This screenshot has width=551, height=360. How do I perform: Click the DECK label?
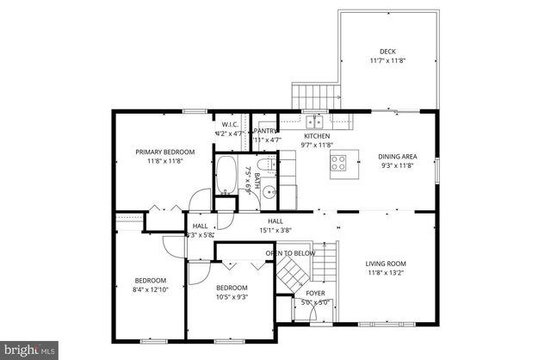point(387,51)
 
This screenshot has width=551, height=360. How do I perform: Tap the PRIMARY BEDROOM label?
point(164,152)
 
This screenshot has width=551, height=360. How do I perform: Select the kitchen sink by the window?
point(316,121)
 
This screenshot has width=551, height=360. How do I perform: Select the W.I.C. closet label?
point(229,125)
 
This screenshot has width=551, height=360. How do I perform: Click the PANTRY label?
point(266,130)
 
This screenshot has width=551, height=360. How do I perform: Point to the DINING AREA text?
point(396,157)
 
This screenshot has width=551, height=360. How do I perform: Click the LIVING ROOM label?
point(386,264)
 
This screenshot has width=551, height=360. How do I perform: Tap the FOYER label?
point(315,293)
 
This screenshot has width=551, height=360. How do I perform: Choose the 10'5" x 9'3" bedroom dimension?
point(232,297)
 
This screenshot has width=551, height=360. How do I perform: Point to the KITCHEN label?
point(316,136)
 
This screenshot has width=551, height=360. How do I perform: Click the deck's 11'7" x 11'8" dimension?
point(387,60)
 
